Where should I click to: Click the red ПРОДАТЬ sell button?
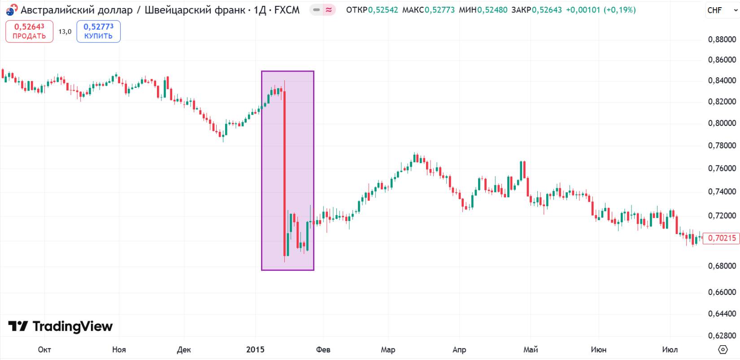[x=29, y=31]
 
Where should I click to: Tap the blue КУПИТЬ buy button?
[x=98, y=31]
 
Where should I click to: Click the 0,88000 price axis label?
[x=722, y=39]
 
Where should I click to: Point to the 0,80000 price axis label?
[x=722, y=123]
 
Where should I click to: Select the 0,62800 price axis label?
[x=722, y=336]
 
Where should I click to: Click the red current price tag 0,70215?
[x=721, y=238]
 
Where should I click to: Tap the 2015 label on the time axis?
[x=255, y=350]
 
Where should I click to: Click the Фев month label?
[x=323, y=350]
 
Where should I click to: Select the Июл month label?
[x=670, y=350]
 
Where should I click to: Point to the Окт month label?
[x=44, y=350]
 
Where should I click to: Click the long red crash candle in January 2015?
[x=284, y=170]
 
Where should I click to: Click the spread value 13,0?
[x=65, y=31]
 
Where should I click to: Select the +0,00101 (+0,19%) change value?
[x=601, y=10]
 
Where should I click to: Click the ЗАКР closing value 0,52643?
[x=547, y=10]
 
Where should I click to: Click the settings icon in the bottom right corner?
[x=723, y=349]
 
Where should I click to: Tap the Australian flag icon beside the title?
[x=12, y=10]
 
